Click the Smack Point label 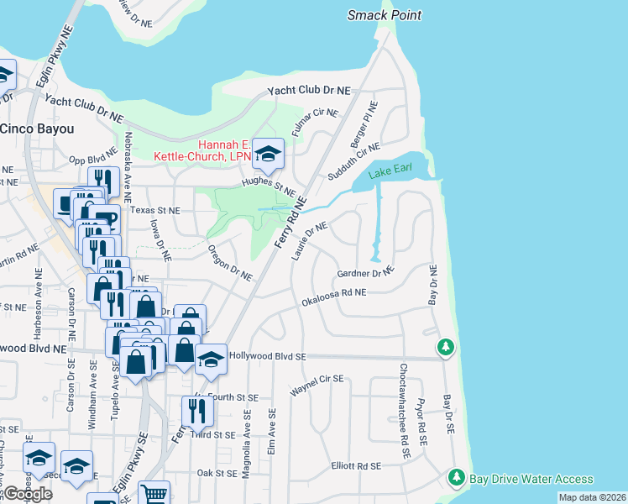point(385,15)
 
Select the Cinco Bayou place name point(37,129)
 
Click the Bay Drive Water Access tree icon point(457,478)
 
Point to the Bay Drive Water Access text point(531,479)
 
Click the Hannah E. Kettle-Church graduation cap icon point(268,154)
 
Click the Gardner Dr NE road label point(365,273)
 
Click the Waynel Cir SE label point(317,386)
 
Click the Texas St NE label point(155,210)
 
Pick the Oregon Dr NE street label point(229,264)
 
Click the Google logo point(28,493)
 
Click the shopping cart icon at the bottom point(154,494)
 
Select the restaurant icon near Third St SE point(197,411)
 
